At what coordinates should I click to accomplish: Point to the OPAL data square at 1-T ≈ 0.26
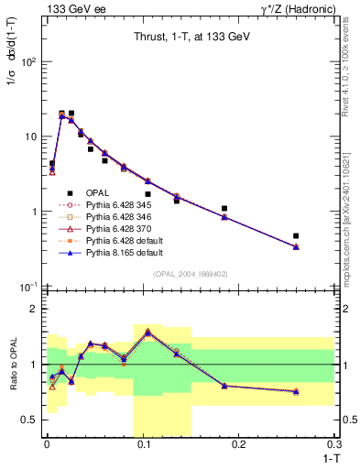(x=296, y=236)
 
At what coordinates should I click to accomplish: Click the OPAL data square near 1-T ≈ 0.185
(x=224, y=209)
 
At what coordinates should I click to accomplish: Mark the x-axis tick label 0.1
(x=143, y=444)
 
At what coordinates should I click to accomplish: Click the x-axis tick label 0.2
(x=239, y=444)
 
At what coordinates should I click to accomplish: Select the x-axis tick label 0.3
(x=333, y=444)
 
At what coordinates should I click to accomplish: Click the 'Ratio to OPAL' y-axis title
(x=12, y=365)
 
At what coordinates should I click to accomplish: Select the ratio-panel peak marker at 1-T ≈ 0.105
(x=147, y=332)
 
